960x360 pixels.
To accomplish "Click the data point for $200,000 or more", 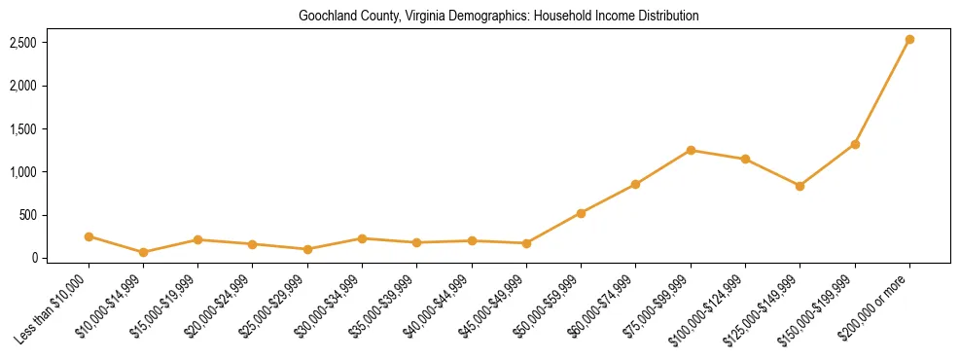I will click(x=909, y=40).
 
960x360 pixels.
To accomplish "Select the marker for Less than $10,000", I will click(x=89, y=236).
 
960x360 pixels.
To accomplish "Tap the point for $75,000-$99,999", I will click(x=691, y=150).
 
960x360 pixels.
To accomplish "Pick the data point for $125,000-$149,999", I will click(x=800, y=186).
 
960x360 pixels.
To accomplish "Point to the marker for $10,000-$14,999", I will click(x=144, y=252).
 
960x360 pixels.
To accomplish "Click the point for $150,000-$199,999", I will click(x=855, y=144).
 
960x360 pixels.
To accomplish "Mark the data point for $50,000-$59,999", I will click(x=581, y=213).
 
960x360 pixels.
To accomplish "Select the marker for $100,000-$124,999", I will click(x=745, y=159).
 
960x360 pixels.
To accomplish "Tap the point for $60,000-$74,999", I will click(x=635, y=184).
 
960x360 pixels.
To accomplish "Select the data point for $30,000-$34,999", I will click(x=362, y=238).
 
